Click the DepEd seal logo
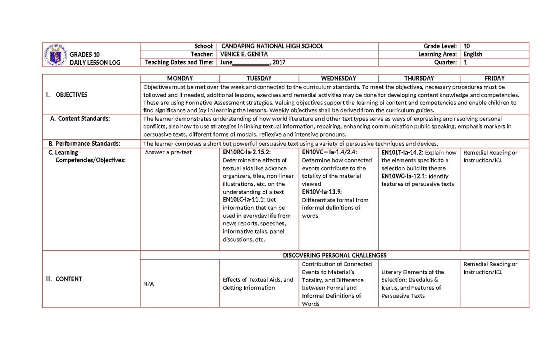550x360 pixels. (x=55, y=55)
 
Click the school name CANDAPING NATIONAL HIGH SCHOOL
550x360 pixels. (x=272, y=46)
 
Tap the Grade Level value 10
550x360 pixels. (x=467, y=46)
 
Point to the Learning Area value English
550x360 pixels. (x=473, y=54)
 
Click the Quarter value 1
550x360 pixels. (x=465, y=62)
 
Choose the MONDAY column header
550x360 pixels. (x=180, y=78)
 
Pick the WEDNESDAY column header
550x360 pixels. (x=338, y=78)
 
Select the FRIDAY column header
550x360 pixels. (x=494, y=78)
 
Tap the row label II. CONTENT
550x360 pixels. (x=66, y=279)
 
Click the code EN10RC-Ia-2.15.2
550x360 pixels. (x=247, y=152)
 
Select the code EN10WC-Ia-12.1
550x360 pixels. (x=405, y=176)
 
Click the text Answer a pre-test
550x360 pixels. (x=168, y=152)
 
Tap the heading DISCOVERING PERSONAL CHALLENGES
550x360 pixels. (x=335, y=255)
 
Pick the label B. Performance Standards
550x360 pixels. (x=84, y=144)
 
